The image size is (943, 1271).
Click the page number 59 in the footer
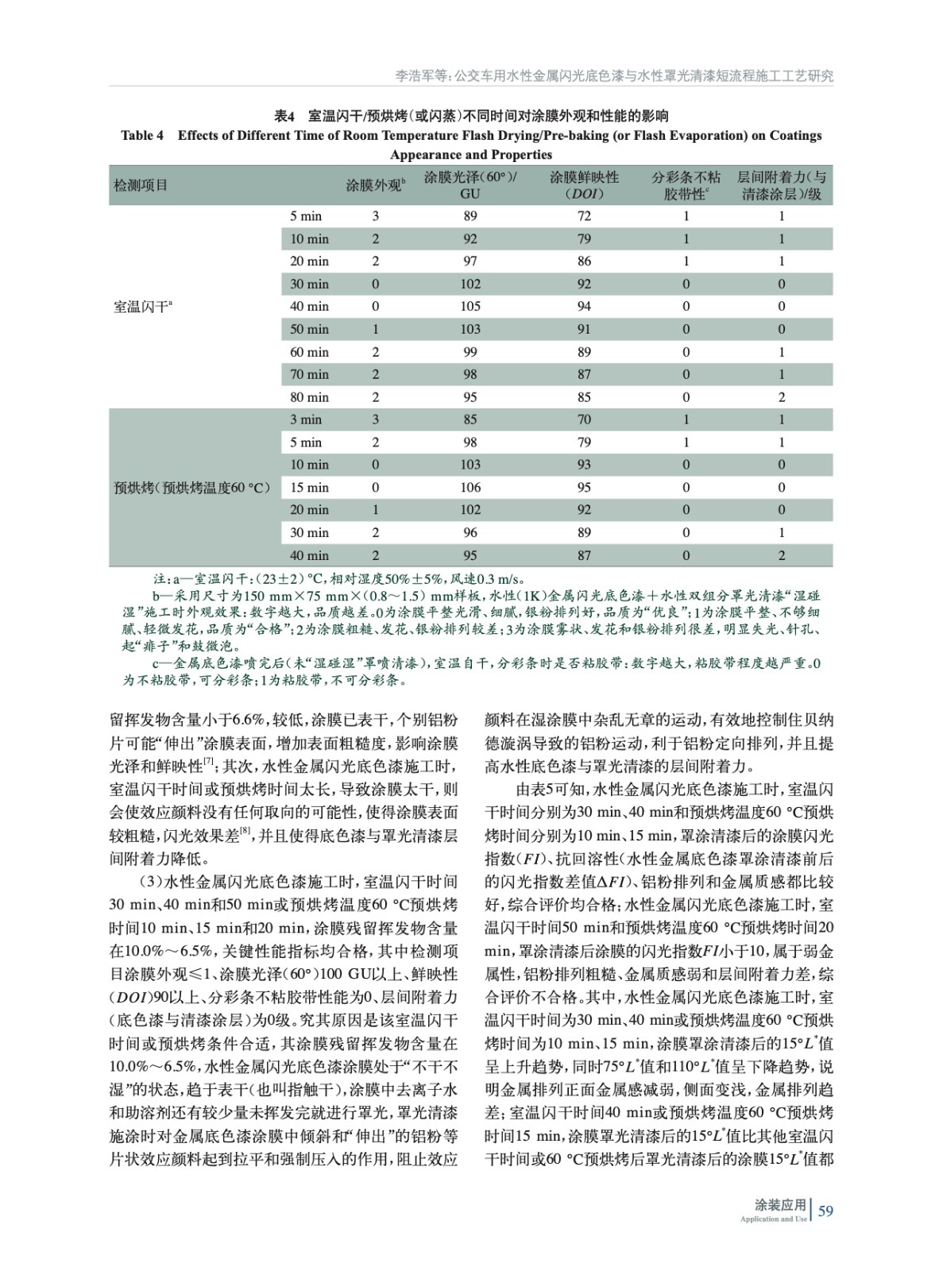click(825, 1211)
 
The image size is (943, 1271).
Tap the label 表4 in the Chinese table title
click(284, 116)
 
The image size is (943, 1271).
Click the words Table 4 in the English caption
click(142, 135)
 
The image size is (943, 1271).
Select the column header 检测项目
click(141, 186)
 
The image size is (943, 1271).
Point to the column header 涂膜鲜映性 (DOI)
click(584, 185)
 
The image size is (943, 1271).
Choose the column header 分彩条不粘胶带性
click(686, 185)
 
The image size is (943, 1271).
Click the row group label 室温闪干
click(144, 307)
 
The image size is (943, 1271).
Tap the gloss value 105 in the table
click(470, 307)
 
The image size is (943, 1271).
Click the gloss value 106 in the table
click(470, 488)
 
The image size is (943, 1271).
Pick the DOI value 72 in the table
click(584, 216)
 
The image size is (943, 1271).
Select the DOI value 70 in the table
click(584, 419)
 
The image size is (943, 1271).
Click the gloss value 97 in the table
click(470, 261)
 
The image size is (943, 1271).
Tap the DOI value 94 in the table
click(584, 307)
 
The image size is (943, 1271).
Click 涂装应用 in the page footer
click(779, 1205)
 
